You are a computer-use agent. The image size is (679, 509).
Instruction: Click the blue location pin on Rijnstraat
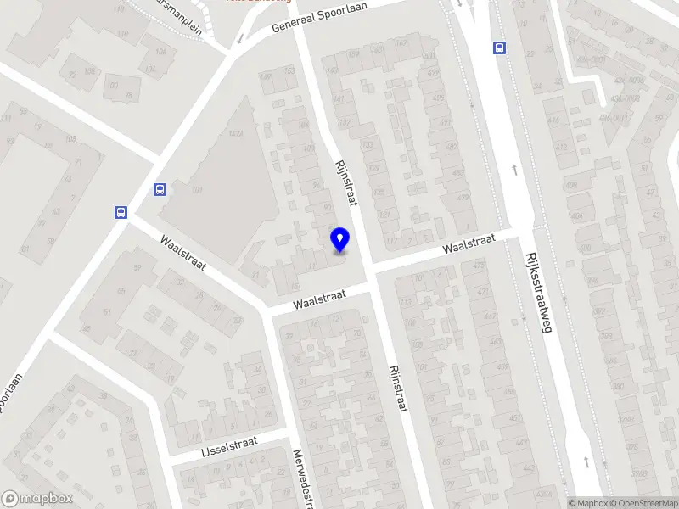(340, 240)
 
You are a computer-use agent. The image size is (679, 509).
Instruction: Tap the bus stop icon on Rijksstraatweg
(500, 48)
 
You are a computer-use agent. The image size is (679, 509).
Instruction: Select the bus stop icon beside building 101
(160, 190)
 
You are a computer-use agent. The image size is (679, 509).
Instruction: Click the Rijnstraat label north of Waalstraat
(345, 182)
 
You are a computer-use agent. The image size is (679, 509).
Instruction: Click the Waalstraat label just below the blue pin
(321, 299)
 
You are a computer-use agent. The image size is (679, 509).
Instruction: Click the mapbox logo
(37, 499)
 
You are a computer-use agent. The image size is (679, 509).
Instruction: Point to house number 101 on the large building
(199, 190)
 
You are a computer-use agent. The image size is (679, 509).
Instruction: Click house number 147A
(237, 133)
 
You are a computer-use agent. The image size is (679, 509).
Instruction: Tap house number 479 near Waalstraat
(463, 199)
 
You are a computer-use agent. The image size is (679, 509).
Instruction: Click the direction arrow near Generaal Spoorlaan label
(240, 38)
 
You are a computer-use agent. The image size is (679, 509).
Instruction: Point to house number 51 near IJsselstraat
(107, 312)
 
